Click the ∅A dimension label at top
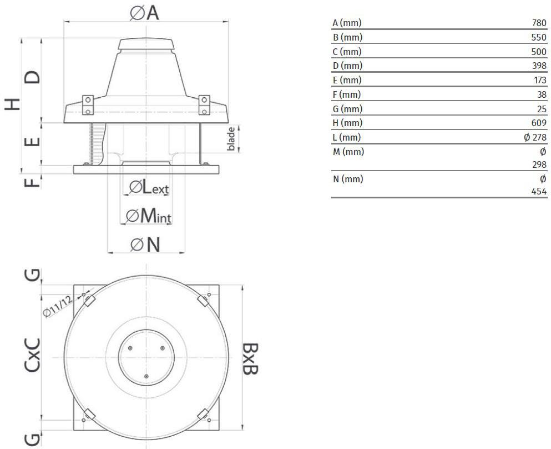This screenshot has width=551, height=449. [144, 13]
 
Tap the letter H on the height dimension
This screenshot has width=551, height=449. [12, 104]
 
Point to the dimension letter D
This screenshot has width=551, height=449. [32, 77]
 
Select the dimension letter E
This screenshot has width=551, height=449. [32, 142]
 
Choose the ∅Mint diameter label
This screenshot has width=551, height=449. [149, 216]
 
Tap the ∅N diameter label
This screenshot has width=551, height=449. [145, 244]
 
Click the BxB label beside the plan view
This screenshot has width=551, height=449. [251, 358]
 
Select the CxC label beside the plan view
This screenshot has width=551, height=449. [32, 355]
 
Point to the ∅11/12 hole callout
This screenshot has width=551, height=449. [58, 306]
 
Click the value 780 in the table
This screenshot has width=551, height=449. [539, 23]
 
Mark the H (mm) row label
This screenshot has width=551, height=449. [347, 123]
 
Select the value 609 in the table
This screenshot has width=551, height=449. [539, 123]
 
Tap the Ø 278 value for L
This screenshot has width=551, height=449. [535, 137]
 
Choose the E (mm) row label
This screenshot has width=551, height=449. [347, 80]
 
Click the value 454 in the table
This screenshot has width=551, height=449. [539, 191]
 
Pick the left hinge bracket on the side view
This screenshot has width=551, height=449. [88, 105]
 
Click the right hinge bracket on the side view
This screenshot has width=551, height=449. [204, 105]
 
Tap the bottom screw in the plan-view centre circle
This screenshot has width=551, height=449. [146, 377]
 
